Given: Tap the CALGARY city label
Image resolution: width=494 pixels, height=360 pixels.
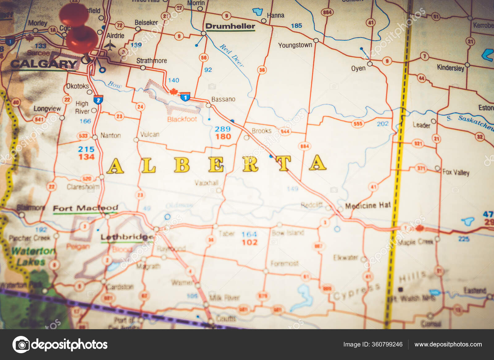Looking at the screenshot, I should click(x=44, y=64).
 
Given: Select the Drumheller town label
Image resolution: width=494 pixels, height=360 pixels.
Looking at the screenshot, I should click(x=230, y=26).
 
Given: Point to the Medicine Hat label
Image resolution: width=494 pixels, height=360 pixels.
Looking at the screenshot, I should click(x=368, y=205).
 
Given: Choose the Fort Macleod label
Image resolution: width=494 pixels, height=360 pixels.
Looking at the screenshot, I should click(x=85, y=208).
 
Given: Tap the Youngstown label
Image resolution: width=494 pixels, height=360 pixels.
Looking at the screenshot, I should click(x=295, y=45).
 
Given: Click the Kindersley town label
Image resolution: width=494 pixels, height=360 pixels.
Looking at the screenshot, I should click(x=450, y=68).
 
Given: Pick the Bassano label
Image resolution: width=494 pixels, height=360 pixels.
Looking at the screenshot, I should click(x=223, y=99).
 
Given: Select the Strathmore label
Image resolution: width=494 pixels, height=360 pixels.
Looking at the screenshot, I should click(x=152, y=61).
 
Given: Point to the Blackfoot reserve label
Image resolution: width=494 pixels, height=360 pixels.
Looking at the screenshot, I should click(x=182, y=119).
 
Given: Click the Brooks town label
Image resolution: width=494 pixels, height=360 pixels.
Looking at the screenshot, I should click(x=262, y=131).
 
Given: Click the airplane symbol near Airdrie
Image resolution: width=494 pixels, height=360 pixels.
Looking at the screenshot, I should click(x=110, y=46).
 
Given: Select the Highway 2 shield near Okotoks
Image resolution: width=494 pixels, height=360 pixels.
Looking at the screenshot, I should click(x=98, y=100).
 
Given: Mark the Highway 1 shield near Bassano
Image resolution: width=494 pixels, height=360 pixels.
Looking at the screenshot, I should click(x=185, y=97).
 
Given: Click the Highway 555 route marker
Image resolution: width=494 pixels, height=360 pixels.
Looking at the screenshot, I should click(x=358, y=124).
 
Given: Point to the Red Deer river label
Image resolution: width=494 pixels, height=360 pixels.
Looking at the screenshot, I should click(x=232, y=55).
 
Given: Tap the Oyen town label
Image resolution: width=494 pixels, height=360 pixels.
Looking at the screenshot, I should click(x=358, y=68).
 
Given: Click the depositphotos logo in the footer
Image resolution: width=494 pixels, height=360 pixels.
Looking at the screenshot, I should click(x=60, y=345).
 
